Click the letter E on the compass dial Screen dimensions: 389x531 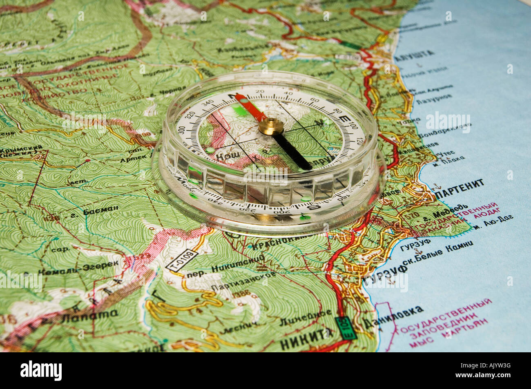(344, 119)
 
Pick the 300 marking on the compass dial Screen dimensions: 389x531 (182, 129)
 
